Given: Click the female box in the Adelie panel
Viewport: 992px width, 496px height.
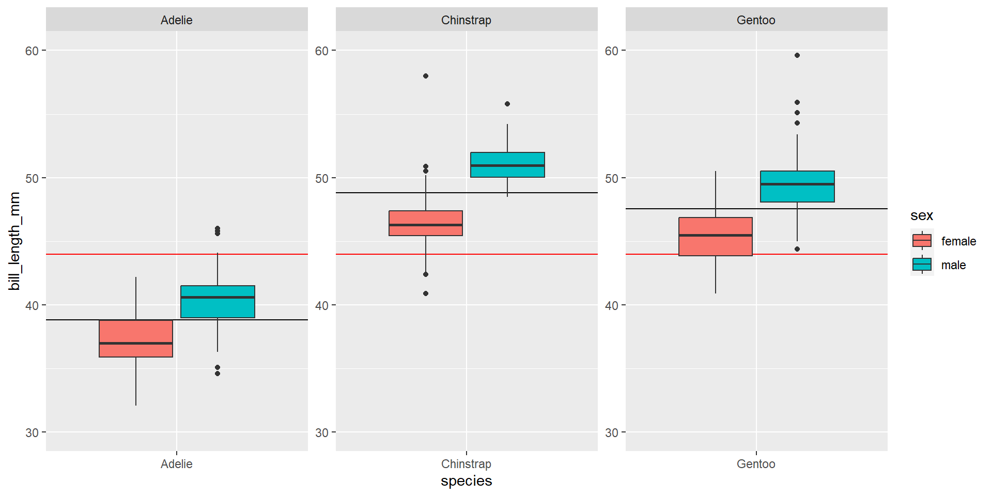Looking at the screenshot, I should coord(136,338).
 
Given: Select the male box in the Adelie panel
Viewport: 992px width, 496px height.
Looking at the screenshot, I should coord(218,302).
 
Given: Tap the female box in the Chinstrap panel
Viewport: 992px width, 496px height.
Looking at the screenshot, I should coord(426,223).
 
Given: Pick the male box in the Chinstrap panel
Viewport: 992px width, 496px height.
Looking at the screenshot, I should coord(507,165).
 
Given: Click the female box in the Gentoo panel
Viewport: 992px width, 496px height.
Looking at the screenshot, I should coord(716,237).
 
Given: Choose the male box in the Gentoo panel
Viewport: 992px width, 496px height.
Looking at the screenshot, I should coord(797,187).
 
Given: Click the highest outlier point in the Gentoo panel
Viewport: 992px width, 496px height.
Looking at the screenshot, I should coord(797,55).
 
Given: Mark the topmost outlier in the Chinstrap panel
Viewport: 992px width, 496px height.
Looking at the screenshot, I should coord(426,76).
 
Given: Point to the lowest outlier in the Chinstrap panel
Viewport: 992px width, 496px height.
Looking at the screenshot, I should coord(426,293).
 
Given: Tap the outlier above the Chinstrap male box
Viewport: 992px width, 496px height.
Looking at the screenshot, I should coord(507,104).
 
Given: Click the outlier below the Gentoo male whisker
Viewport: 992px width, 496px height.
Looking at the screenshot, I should coord(797,249).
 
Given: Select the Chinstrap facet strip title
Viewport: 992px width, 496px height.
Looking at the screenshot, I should coord(466,20).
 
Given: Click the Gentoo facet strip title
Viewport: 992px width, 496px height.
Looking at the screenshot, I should coord(756,20).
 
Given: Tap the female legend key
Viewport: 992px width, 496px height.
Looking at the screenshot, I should coord(922,241).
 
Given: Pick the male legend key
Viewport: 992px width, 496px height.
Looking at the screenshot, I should coord(922,265).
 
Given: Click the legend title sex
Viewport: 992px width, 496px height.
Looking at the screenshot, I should coord(921,215).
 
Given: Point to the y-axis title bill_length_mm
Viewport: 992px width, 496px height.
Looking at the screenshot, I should coord(14,241).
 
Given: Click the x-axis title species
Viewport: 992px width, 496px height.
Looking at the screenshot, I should coord(466,481).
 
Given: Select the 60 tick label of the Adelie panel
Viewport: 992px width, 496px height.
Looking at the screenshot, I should coord(32,51).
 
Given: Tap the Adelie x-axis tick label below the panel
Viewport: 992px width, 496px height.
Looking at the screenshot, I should coord(176,464).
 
